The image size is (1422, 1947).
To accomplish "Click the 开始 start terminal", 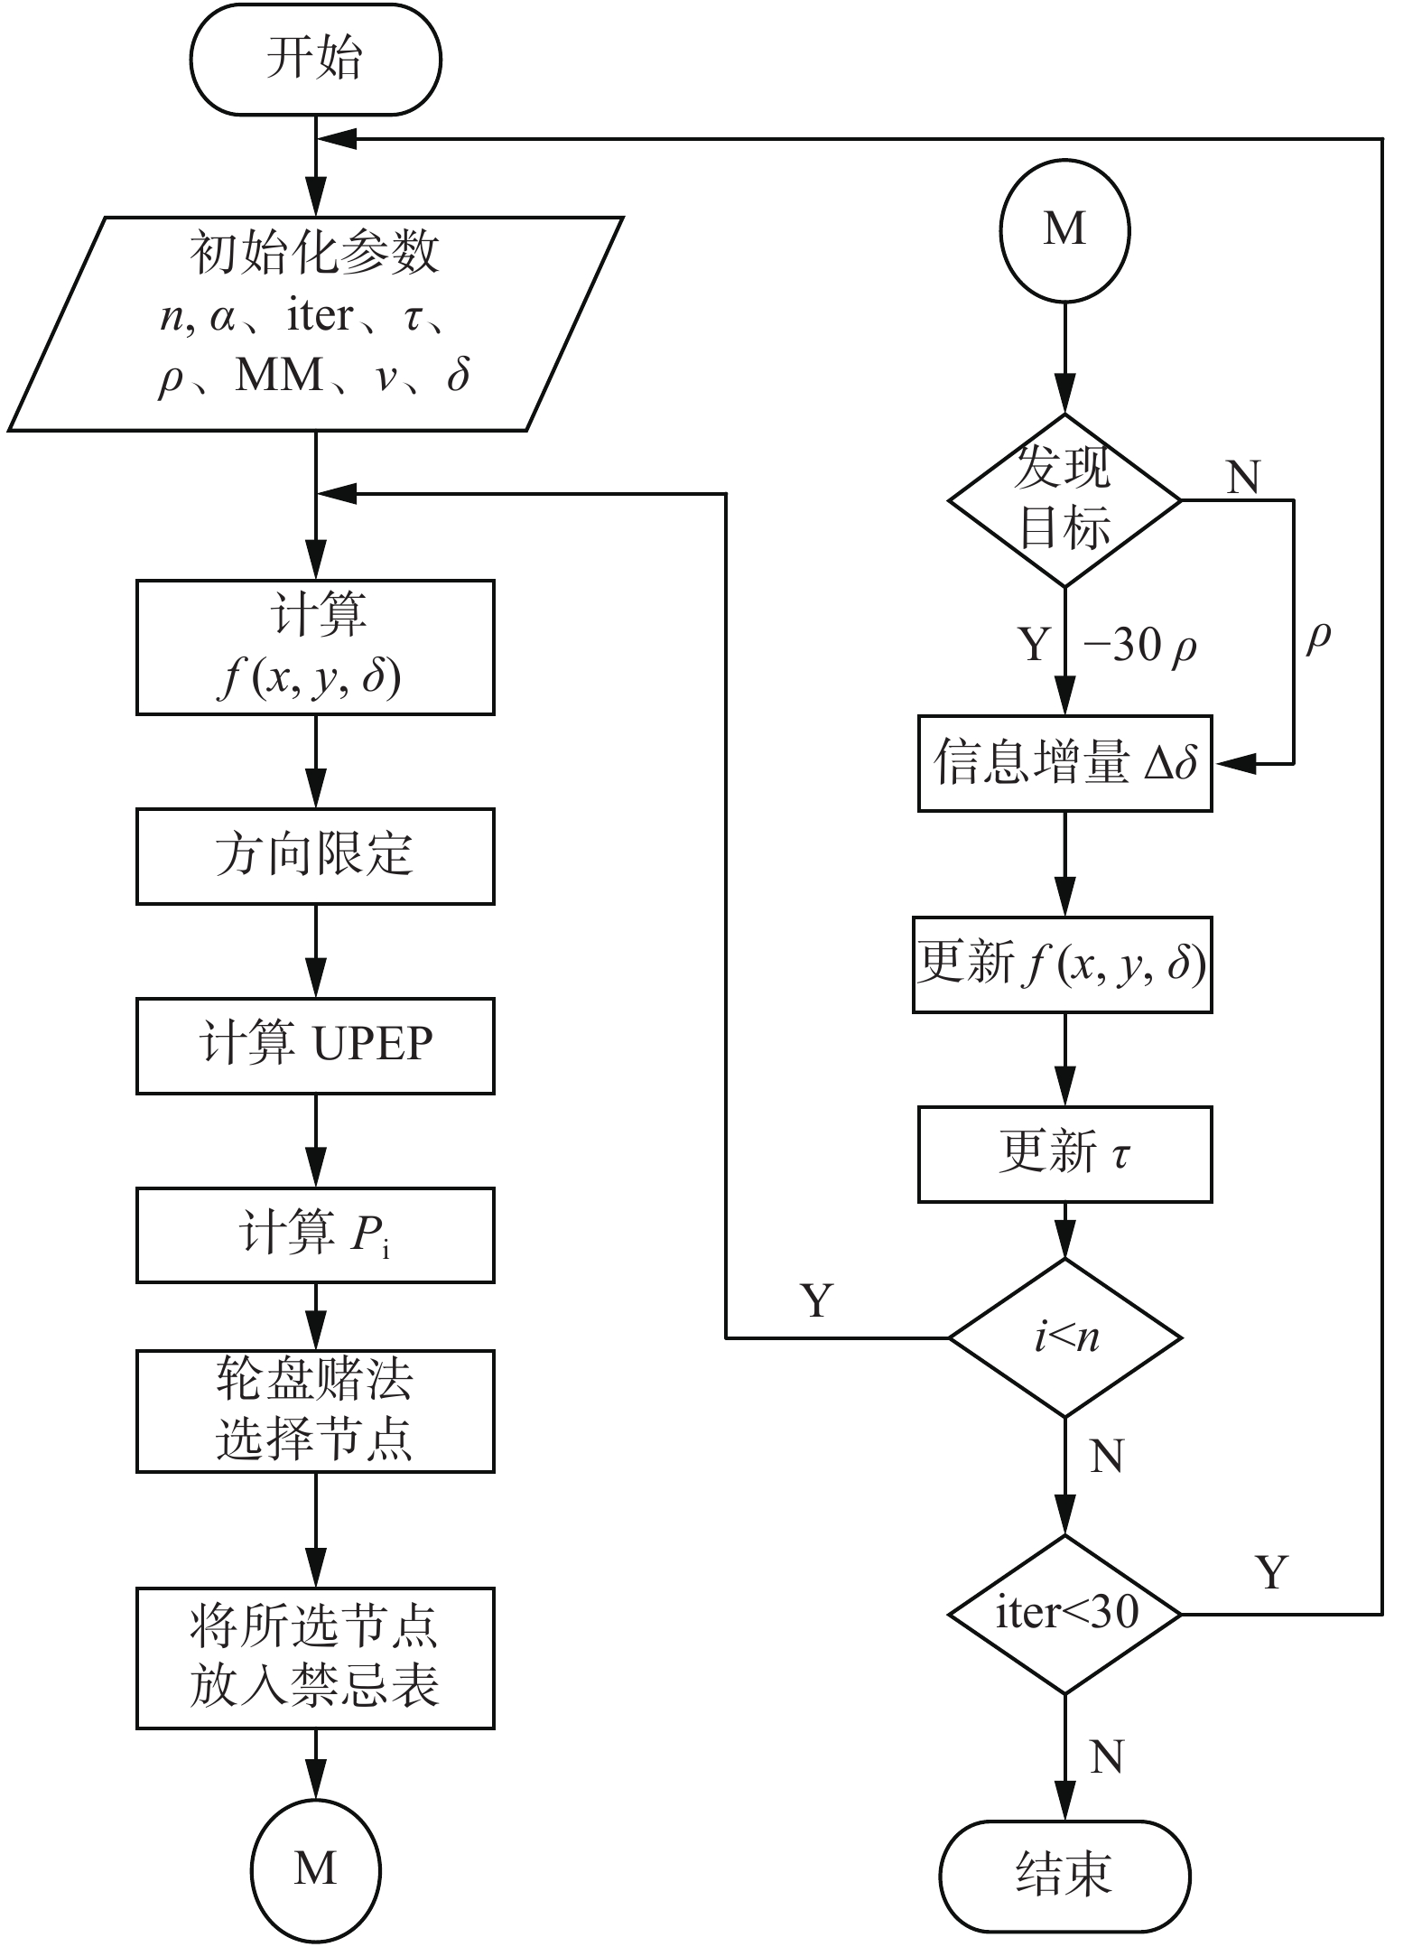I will pos(315,60).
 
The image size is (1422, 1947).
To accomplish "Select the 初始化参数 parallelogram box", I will pos(315,323).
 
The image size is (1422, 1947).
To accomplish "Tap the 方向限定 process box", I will pos(315,856).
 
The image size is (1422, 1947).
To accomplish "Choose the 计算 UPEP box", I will pos(315,1046).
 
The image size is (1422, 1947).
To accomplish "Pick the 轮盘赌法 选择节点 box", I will pos(315,1411).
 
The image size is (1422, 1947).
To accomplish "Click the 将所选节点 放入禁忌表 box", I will pos(315,1658).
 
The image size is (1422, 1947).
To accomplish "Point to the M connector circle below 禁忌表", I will pos(315,1868).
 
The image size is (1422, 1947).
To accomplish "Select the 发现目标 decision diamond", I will pos(1064,499).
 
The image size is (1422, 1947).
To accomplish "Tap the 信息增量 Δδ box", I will pos(1064,763).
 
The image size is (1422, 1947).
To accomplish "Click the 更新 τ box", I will pos(1064,1154).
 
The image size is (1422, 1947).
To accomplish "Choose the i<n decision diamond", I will pos(1064,1337).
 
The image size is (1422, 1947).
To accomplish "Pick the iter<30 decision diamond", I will pos(1064,1614).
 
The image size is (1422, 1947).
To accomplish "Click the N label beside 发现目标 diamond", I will pos(1243,477).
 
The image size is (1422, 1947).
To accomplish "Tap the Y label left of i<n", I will pos(816,1300).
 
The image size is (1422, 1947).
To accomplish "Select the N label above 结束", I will pos(1107,1756).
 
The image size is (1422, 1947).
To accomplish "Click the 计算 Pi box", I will pos(315,1234).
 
